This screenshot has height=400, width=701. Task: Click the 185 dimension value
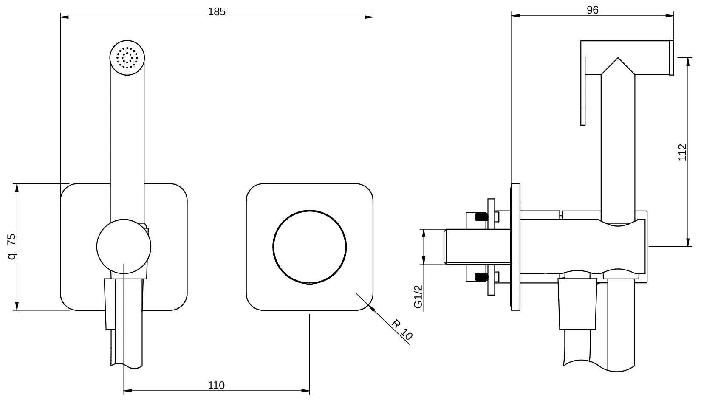pyautogui.click(x=217, y=11)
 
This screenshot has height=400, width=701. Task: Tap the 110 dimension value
pyautogui.click(x=216, y=385)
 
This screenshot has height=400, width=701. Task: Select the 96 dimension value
pyautogui.click(x=592, y=10)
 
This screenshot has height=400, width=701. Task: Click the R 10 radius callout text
pyautogui.click(x=402, y=330)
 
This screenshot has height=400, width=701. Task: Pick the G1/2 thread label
pyautogui.click(x=418, y=296)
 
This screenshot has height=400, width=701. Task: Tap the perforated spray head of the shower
pyautogui.click(x=127, y=58)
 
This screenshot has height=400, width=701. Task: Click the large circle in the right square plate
pyautogui.click(x=310, y=247)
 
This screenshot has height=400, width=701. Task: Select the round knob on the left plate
pyautogui.click(x=124, y=246)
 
